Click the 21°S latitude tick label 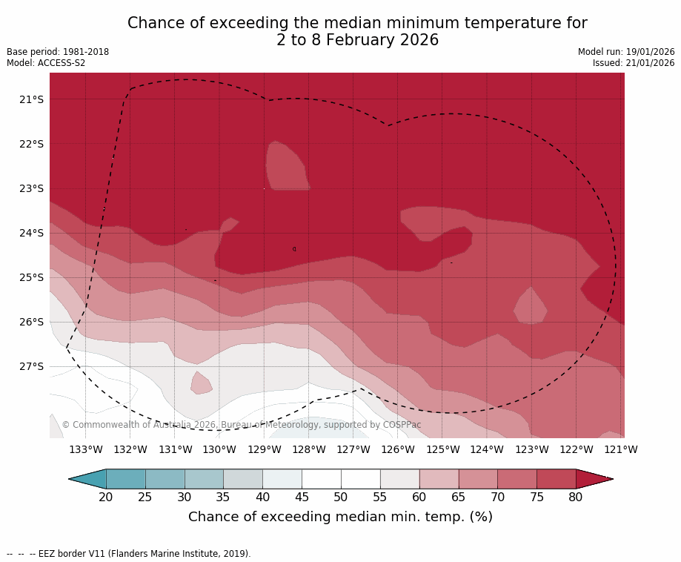point(31,99)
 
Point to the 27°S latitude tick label point(31,366)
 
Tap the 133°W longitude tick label point(86,449)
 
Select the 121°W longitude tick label point(621,449)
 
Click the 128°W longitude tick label point(309,449)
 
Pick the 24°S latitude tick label point(31,233)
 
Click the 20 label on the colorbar point(106,497)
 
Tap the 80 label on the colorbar point(576,497)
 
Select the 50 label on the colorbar point(341,497)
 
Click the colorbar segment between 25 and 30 point(165,479)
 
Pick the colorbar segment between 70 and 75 point(517,479)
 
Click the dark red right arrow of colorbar point(593,479)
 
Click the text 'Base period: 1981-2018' point(58,52)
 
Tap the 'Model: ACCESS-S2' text point(46,63)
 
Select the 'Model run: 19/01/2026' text point(626,52)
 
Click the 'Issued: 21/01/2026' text point(634,63)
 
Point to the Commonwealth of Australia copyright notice point(242,425)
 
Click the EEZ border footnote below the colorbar point(129,553)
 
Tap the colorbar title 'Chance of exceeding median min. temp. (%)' point(340,517)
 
